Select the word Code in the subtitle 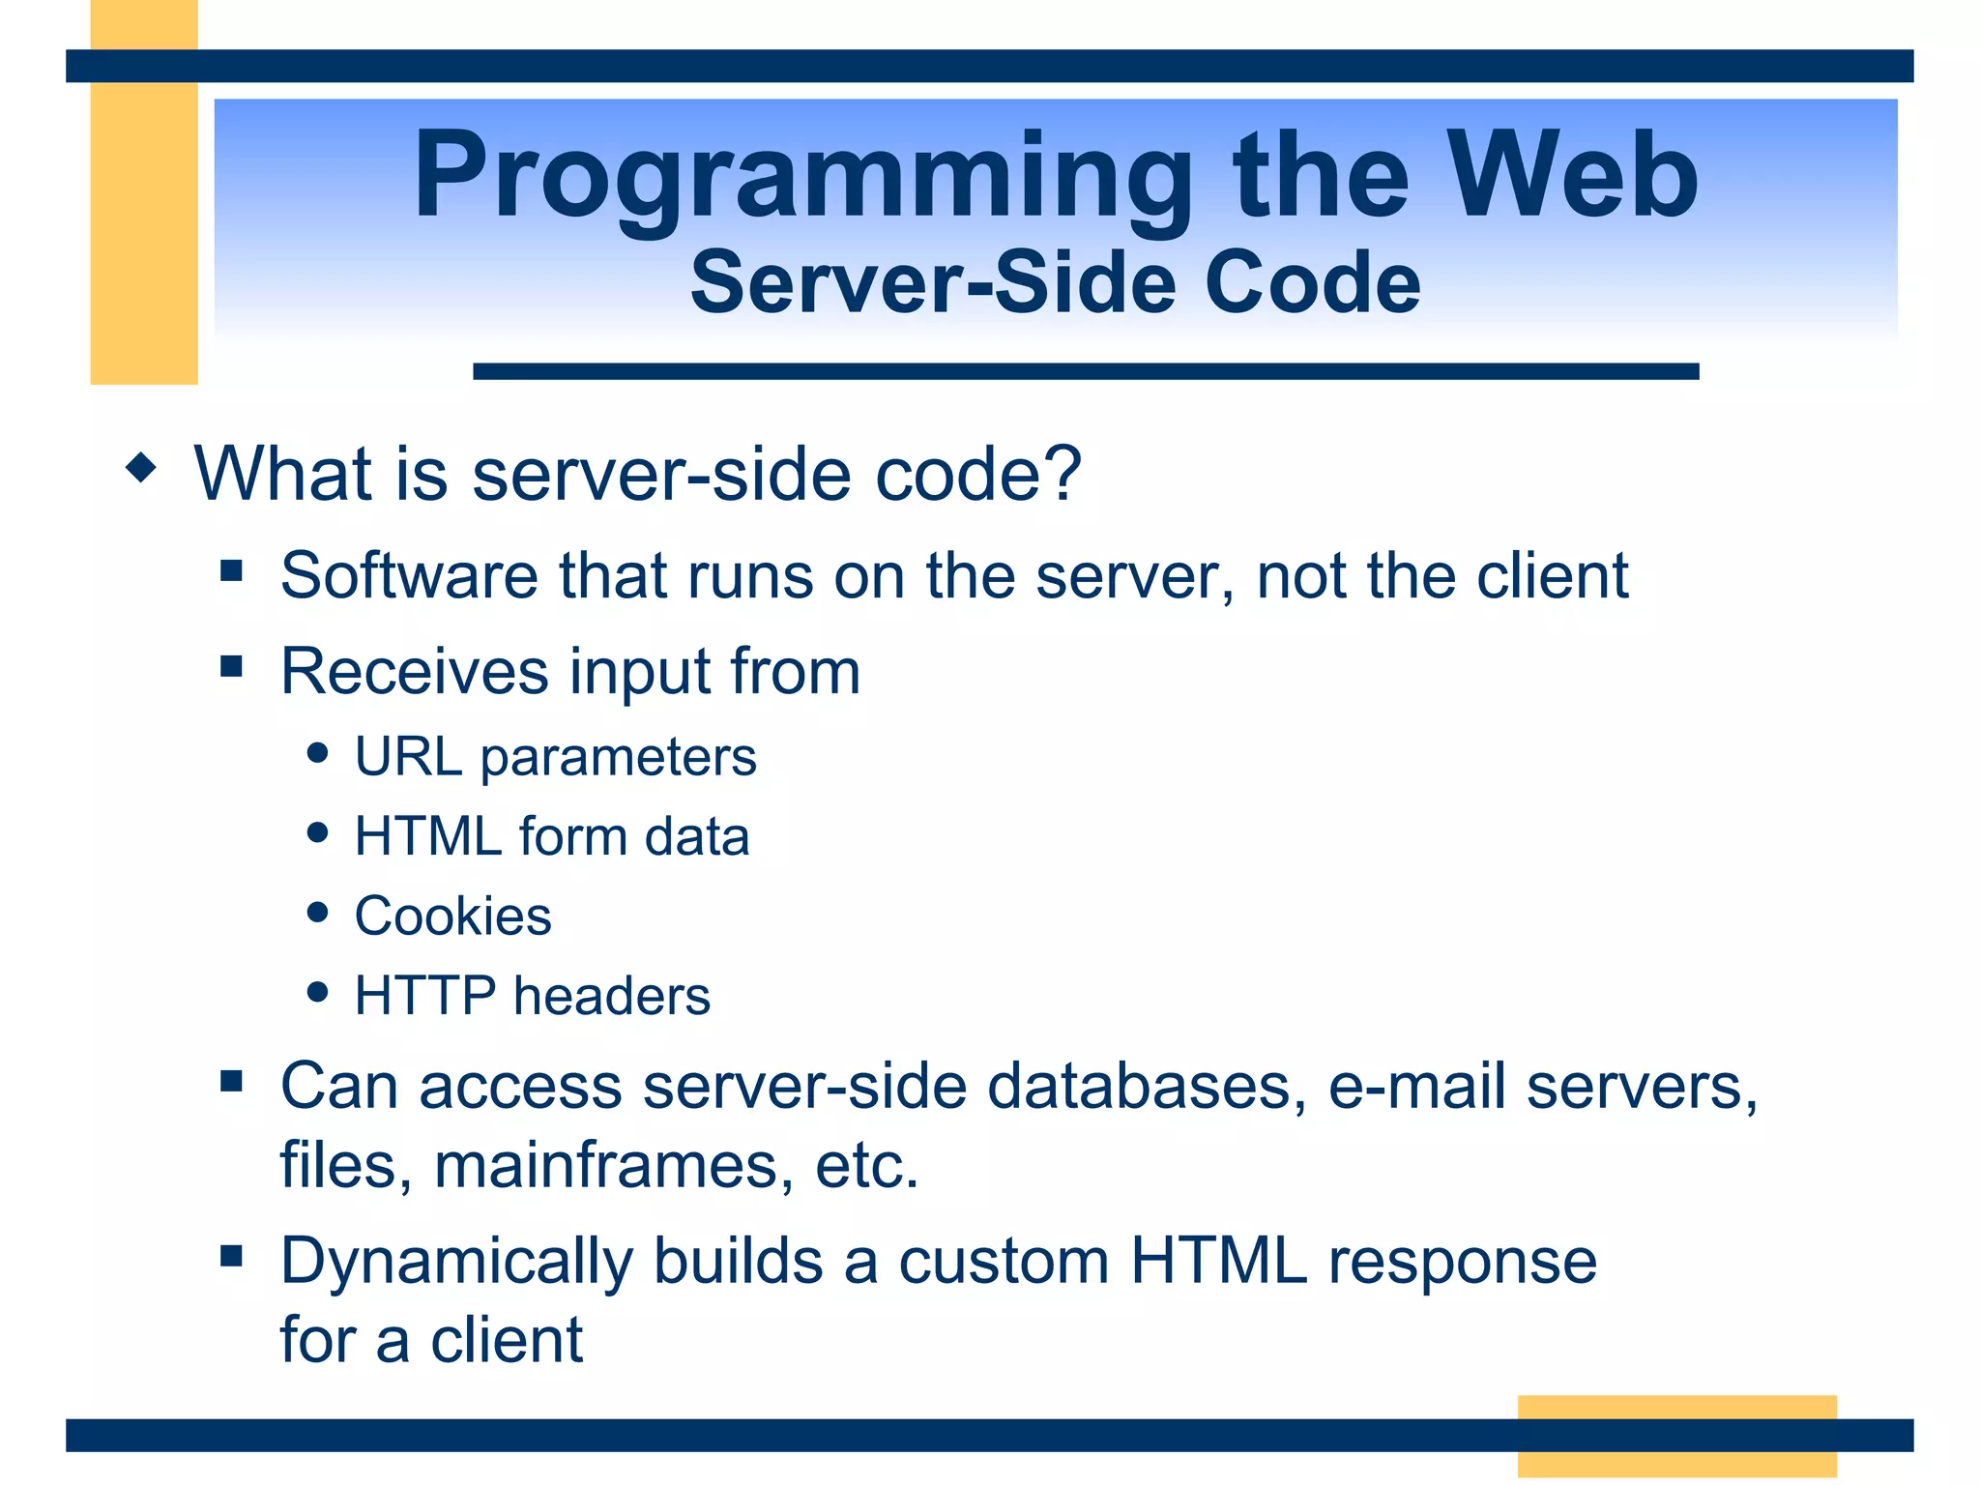(1312, 282)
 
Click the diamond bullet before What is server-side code (141, 468)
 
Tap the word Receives (414, 672)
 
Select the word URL (408, 756)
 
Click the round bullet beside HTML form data (317, 833)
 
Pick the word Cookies (452, 916)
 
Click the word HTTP (425, 996)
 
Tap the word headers (612, 996)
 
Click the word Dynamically (456, 1263)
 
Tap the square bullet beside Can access (231, 1080)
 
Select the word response (1462, 1263)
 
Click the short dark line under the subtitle (1085, 371)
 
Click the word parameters (619, 758)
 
